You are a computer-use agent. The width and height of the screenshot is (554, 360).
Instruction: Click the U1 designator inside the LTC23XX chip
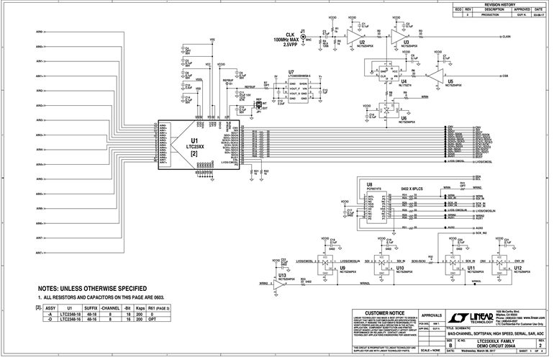coord(194,141)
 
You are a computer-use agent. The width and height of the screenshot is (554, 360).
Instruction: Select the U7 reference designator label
coord(291,73)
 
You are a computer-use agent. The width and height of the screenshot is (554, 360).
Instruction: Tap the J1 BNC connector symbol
coord(303,41)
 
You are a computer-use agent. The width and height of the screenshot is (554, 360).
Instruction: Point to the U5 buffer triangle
coord(434,75)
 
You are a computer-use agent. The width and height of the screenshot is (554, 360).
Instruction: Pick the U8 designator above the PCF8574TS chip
coord(369,184)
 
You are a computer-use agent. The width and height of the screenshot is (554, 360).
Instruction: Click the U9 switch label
coord(323,267)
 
